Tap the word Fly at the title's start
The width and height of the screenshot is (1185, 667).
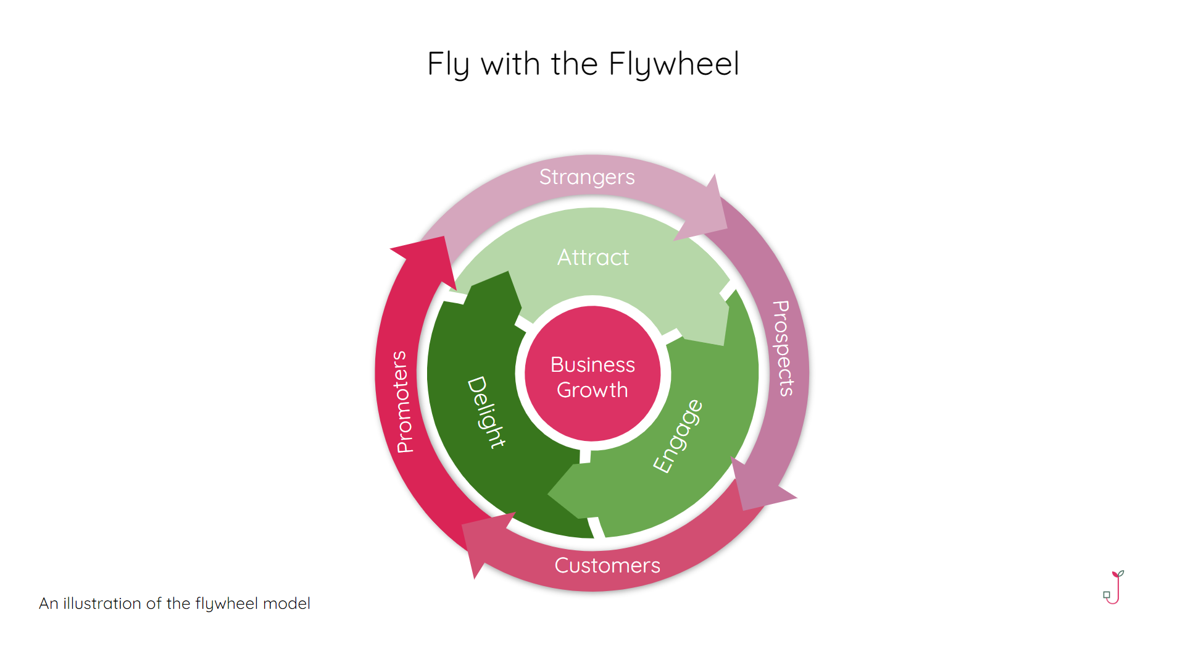tap(448, 64)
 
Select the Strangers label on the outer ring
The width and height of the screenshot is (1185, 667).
tap(587, 177)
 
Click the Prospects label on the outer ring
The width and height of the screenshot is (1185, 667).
tap(783, 348)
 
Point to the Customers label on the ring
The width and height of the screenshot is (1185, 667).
tap(607, 566)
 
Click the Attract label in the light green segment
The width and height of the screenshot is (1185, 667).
tap(593, 258)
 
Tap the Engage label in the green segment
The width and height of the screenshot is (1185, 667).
tap(678, 436)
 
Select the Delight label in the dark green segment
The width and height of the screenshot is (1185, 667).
tap(486, 412)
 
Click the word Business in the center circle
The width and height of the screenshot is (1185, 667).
tap(592, 365)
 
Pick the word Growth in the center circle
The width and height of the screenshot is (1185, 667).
tap(592, 390)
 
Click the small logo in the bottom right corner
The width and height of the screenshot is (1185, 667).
tap(1113, 587)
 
